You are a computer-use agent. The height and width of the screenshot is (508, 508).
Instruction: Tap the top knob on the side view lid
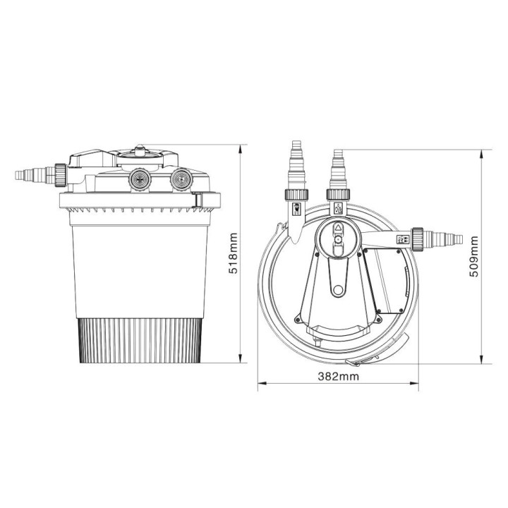coord(140,150)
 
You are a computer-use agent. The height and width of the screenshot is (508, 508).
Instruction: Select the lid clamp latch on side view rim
coord(200,202)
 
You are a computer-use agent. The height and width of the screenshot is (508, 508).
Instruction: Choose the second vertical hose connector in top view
coord(337,169)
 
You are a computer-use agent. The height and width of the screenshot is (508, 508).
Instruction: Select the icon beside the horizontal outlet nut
coord(404,239)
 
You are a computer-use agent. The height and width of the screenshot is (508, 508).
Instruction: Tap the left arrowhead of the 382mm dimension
coord(260,385)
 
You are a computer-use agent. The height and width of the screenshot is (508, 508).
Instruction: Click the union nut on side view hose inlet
coord(62,172)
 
